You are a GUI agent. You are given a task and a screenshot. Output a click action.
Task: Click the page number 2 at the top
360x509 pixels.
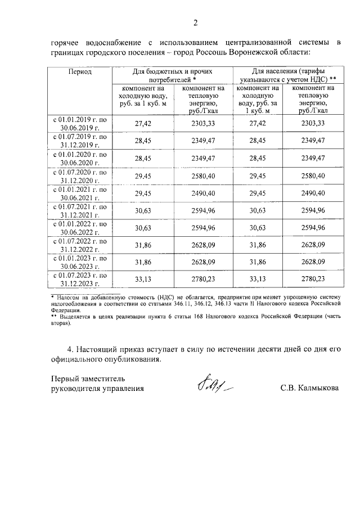[x=196, y=23]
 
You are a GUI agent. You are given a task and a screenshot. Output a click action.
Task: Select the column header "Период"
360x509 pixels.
[x=80, y=73]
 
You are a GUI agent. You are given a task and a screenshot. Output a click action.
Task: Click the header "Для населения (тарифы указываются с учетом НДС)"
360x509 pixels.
[x=286, y=76]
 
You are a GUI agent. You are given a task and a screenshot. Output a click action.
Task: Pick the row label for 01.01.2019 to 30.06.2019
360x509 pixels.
[x=80, y=123]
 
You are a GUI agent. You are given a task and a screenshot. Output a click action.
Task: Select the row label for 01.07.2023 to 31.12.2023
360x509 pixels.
[x=80, y=280]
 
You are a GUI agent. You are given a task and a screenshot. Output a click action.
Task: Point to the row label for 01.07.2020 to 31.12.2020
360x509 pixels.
[x=80, y=175]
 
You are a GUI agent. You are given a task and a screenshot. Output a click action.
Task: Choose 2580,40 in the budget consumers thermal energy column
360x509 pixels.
[x=203, y=175]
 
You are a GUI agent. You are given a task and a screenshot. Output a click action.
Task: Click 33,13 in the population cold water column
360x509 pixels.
[x=256, y=280]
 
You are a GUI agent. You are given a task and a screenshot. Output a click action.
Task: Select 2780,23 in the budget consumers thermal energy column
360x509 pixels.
[x=203, y=280]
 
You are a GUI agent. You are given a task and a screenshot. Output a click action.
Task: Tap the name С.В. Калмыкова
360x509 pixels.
[x=309, y=388]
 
